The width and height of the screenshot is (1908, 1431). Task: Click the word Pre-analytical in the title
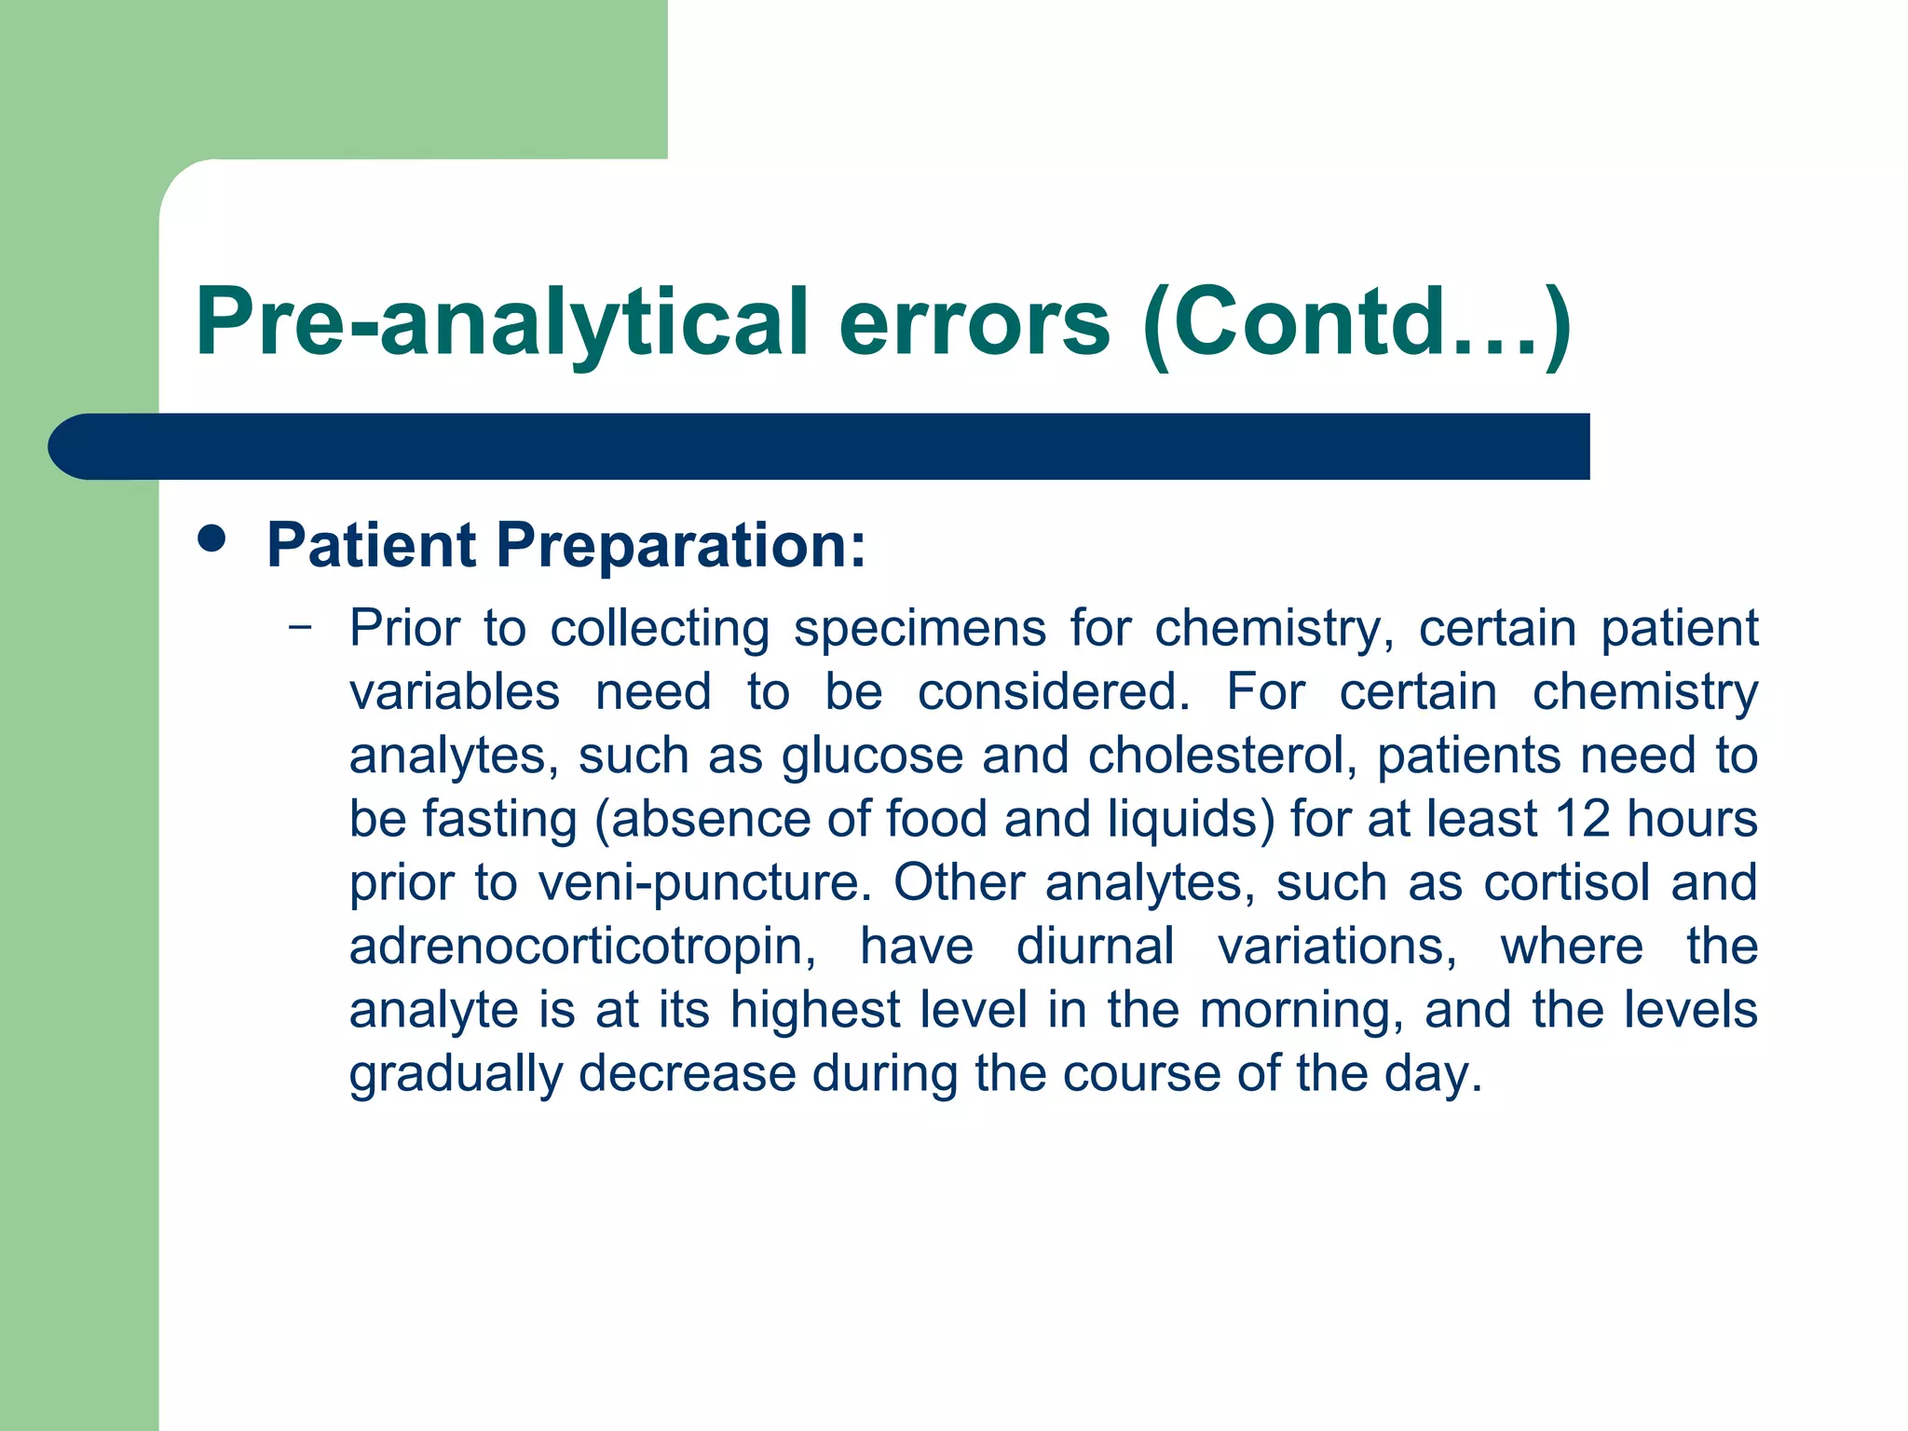[x=502, y=323]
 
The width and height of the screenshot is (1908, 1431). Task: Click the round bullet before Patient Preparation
[x=212, y=539]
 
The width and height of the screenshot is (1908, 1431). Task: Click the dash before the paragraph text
[x=300, y=627]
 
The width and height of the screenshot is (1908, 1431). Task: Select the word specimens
[x=920, y=628]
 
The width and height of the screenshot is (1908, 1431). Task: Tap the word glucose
[x=872, y=756]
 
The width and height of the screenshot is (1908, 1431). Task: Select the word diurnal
[x=1095, y=947]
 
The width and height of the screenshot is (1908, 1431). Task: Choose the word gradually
[x=456, y=1074]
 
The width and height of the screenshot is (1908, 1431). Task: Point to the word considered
[x=1054, y=692]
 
